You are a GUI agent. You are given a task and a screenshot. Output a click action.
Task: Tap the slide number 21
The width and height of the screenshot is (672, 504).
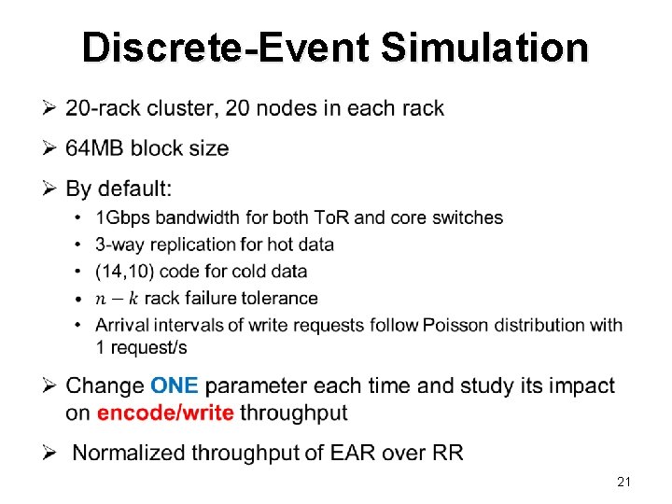click(x=624, y=482)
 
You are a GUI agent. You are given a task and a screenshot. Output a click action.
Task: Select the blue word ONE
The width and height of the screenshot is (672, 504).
click(x=174, y=385)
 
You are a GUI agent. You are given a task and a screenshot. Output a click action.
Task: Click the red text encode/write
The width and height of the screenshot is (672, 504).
click(x=165, y=413)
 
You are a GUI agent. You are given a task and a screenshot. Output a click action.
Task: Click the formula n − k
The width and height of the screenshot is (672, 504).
click(x=117, y=299)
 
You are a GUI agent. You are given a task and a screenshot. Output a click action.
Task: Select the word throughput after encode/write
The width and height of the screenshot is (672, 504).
click(x=294, y=413)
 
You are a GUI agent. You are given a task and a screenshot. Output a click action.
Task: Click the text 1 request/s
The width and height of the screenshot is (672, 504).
click(x=141, y=347)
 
